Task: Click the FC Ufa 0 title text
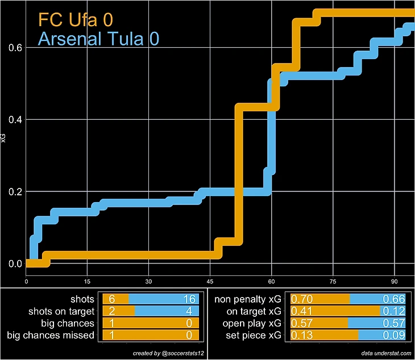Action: tap(75, 19)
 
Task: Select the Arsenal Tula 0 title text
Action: tap(98, 39)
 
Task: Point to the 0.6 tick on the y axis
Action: tap(15, 48)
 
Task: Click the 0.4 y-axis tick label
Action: tap(15, 120)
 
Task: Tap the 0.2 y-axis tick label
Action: tap(15, 192)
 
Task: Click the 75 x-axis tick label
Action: tap(333, 281)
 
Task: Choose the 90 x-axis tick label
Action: tap(394, 281)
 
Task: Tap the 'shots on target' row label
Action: tap(61, 311)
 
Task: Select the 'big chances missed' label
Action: tap(51, 335)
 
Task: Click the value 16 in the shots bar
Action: tap(190, 299)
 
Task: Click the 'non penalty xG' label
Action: tap(248, 299)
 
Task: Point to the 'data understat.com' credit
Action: tap(386, 353)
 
